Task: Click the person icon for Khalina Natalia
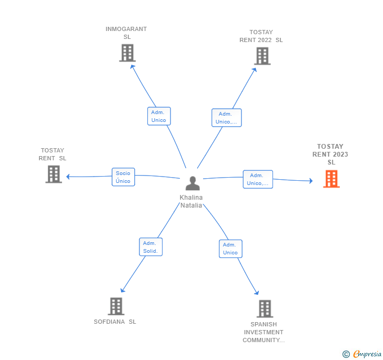tap(193, 183)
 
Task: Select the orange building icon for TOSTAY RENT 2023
tap(331, 179)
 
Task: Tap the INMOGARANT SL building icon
tap(127, 53)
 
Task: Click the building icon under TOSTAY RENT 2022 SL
tap(263, 56)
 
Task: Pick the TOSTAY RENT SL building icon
tap(54, 174)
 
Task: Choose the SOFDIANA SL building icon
tap(116, 306)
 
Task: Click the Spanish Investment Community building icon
tap(265, 308)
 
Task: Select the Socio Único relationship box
tap(123, 177)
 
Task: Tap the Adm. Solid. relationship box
tap(150, 247)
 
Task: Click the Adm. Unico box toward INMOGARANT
tap(159, 116)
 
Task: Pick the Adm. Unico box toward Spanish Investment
tap(230, 249)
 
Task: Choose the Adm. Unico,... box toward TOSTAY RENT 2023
tap(258, 179)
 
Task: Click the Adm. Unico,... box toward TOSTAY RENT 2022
tap(227, 118)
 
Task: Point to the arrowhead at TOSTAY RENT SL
tap(68, 177)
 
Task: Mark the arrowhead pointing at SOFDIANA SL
tap(123, 290)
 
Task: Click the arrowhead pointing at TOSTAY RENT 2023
tap(311, 181)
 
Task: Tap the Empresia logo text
tap(367, 354)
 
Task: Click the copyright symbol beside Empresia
tap(346, 354)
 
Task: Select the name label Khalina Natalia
tap(191, 201)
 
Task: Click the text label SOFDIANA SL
tap(115, 322)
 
